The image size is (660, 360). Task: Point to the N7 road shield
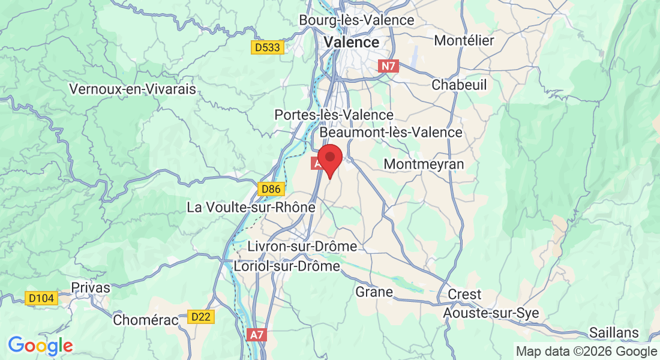click(x=388, y=67)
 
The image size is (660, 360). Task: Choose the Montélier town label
click(x=464, y=40)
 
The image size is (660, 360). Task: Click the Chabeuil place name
click(x=459, y=85)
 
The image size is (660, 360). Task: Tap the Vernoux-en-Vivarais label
click(x=133, y=89)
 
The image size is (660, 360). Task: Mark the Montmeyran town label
click(x=424, y=163)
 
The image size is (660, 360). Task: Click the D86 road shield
click(x=270, y=190)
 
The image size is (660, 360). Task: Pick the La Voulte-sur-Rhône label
click(x=251, y=208)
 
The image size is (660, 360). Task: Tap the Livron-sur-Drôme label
click(x=302, y=247)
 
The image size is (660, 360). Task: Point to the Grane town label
click(x=374, y=292)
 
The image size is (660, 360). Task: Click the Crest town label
click(x=465, y=295)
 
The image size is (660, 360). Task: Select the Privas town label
click(x=91, y=287)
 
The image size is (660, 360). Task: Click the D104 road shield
click(x=41, y=298)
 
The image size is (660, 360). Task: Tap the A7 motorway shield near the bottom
click(x=256, y=335)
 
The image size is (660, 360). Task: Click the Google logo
click(x=40, y=346)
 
